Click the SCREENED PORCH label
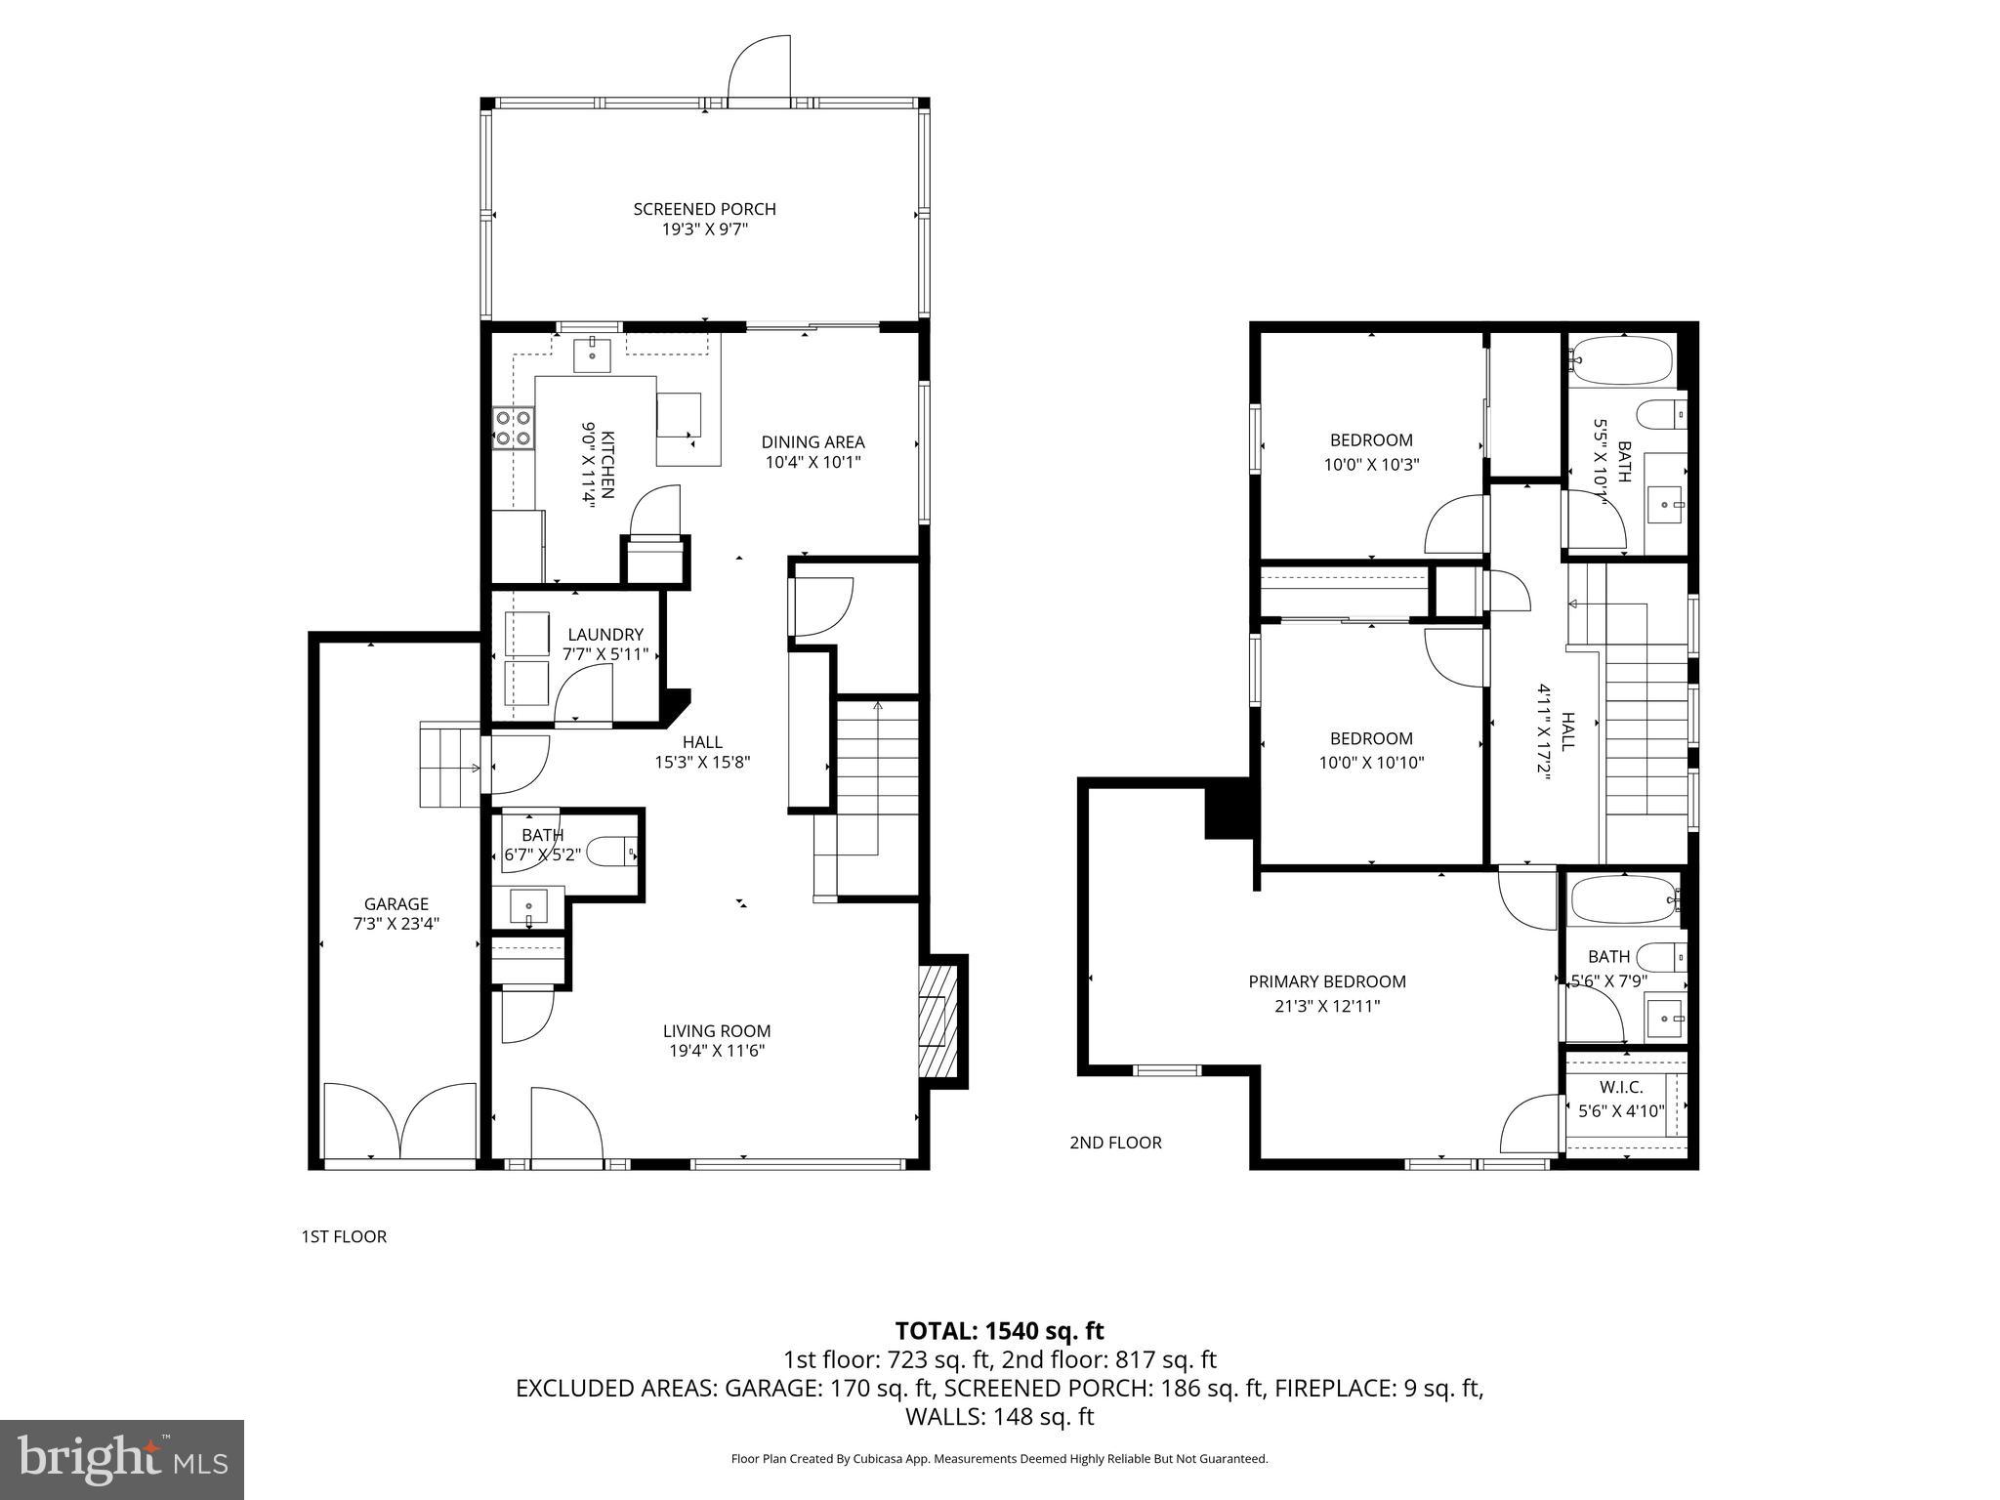(x=704, y=209)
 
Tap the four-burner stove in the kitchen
(x=514, y=428)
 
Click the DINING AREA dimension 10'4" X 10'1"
(x=812, y=463)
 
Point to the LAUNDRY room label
(x=604, y=635)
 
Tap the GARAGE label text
(x=396, y=904)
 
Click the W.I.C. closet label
(x=1621, y=1087)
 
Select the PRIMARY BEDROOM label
(x=1327, y=981)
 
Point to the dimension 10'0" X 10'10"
(x=1371, y=763)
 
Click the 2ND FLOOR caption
(x=1115, y=1143)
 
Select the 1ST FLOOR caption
(x=344, y=1236)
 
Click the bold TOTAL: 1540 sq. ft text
(x=999, y=1330)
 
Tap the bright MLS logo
(x=122, y=1459)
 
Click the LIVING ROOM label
(x=717, y=1030)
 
